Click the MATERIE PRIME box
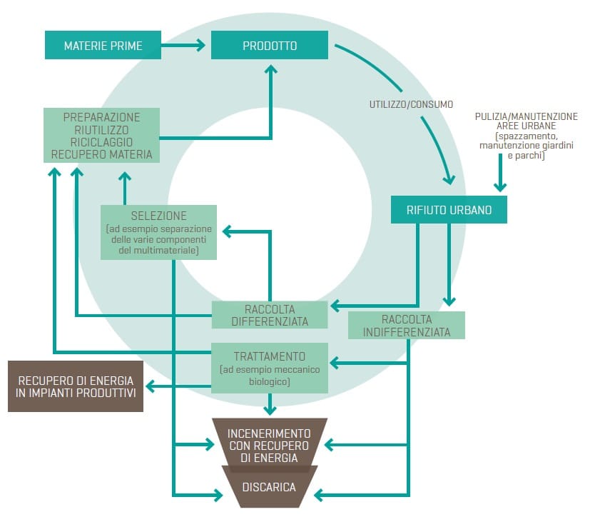pyautogui.click(x=103, y=46)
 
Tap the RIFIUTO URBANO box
pyautogui.click(x=449, y=210)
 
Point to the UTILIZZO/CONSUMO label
pyautogui.click(x=410, y=104)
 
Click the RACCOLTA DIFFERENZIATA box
pyautogui.click(x=270, y=315)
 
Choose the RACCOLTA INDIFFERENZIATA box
pyautogui.click(x=406, y=325)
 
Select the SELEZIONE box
pyautogui.click(x=158, y=232)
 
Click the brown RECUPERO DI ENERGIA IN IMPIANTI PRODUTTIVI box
pyautogui.click(x=76, y=386)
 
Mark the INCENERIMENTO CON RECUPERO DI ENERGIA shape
pyautogui.click(x=269, y=445)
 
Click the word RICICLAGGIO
pyautogui.click(x=101, y=141)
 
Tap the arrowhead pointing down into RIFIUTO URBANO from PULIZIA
pyautogui.click(x=502, y=186)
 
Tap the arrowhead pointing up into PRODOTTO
pyautogui.click(x=270, y=69)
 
